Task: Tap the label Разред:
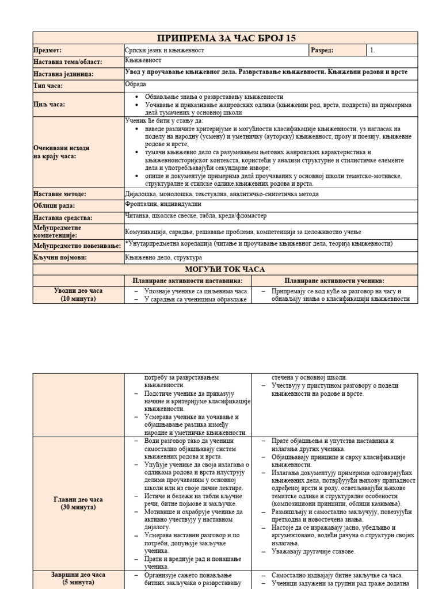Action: [322, 51]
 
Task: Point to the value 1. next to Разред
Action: [372, 51]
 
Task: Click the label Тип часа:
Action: [48, 86]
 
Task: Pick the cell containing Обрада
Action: [136, 85]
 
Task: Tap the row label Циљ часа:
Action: [49, 104]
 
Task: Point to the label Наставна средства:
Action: [63, 217]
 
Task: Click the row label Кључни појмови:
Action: [60, 257]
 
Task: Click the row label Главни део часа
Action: [79, 499]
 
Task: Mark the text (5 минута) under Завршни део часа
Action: [79, 583]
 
